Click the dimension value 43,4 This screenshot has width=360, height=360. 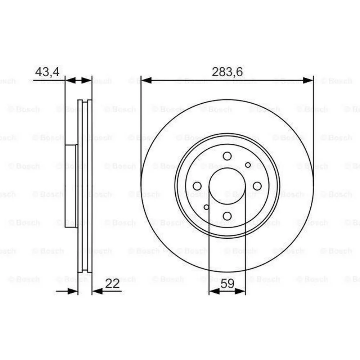(x=47, y=72)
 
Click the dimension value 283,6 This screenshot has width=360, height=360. (x=227, y=72)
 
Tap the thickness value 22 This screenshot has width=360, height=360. (x=112, y=284)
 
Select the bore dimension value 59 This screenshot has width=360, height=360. (x=227, y=284)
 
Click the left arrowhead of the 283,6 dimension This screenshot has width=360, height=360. (x=146, y=80)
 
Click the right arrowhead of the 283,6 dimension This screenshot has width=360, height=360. (x=308, y=80)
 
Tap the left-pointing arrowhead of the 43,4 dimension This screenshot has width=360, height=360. (x=70, y=81)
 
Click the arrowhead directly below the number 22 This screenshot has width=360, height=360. (x=97, y=291)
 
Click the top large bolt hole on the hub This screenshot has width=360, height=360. (x=227, y=156)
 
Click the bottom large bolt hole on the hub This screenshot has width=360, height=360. (x=227, y=216)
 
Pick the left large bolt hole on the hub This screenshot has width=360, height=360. (x=197, y=186)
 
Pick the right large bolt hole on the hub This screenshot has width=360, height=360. (x=257, y=186)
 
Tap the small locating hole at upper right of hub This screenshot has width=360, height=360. (x=248, y=165)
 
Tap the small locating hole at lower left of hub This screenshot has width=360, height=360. (x=206, y=207)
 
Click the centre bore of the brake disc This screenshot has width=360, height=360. (x=227, y=186)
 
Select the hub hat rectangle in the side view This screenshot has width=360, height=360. (x=71, y=186)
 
